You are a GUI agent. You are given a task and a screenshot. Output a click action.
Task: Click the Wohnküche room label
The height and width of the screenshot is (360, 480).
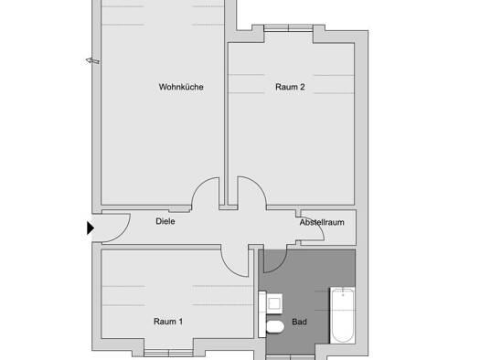[x=181, y=87]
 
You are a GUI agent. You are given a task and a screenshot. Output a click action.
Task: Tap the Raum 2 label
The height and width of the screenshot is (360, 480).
[x=290, y=87]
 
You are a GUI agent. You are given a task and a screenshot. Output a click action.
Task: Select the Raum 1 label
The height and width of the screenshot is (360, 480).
[x=168, y=322]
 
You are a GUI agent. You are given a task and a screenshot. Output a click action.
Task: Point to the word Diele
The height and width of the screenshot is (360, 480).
[x=165, y=221]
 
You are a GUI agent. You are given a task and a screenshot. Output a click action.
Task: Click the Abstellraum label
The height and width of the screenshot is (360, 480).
[x=322, y=222]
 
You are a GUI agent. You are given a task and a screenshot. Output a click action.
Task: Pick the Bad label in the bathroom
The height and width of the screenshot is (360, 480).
[x=299, y=322]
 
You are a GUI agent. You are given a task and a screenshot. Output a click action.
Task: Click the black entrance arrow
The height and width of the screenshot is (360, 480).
[x=90, y=228]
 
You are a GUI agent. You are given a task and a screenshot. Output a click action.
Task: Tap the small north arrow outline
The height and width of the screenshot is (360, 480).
[x=92, y=61]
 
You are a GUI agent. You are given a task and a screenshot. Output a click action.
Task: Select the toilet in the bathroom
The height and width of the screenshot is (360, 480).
[x=275, y=327]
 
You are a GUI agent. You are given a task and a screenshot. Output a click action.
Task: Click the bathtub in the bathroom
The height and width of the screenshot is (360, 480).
[x=343, y=315]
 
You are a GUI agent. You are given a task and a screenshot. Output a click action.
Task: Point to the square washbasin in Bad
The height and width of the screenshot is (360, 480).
[x=274, y=303]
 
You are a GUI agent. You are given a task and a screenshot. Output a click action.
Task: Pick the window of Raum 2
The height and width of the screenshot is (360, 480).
[x=288, y=28]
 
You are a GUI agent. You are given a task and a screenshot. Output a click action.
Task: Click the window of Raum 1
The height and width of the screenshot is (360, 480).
[x=168, y=353]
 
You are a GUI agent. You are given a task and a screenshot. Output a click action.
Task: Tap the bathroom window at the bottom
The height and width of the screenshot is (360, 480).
[x=290, y=358]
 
